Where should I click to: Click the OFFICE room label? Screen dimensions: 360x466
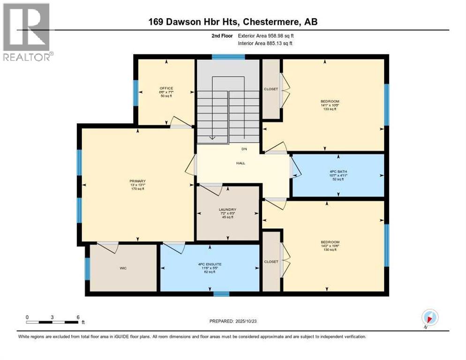(166, 88)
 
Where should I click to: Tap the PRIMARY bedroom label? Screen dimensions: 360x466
(138, 181)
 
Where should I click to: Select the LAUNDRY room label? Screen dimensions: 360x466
(227, 210)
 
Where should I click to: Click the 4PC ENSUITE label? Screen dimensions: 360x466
(209, 264)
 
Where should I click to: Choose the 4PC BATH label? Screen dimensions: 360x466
(337, 171)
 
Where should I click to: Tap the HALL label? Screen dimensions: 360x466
(241, 163)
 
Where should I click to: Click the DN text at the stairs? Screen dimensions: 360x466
(244, 149)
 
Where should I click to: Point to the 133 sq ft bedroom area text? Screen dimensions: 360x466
(330, 109)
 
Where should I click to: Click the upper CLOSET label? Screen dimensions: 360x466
(271, 89)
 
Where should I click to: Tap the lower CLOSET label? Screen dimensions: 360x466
(271, 262)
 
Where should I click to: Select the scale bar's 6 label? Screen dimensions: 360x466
(78, 317)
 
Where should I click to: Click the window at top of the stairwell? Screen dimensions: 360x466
(228, 57)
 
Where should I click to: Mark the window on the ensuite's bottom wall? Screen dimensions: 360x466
(221, 294)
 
